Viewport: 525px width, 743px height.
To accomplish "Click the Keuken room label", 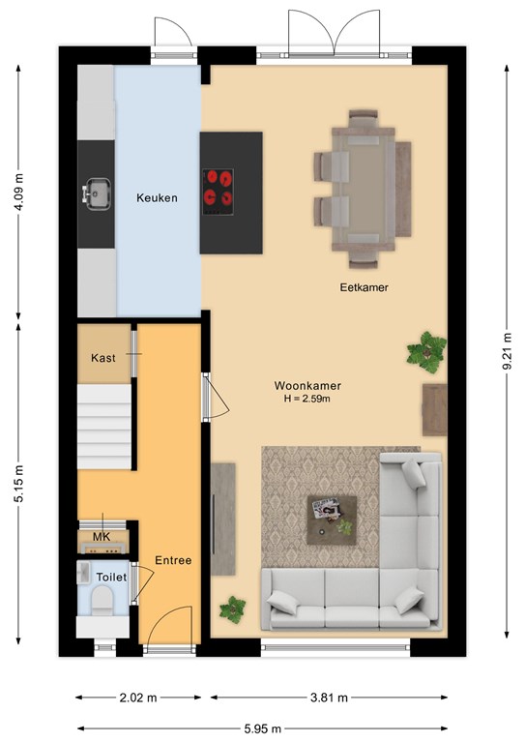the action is tap(157, 198).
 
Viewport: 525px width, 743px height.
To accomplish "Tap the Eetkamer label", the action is tap(365, 287).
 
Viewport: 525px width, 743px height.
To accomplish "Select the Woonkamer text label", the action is tap(307, 386).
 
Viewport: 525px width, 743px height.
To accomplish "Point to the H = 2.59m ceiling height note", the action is tap(307, 399).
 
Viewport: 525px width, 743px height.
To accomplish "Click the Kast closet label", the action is tap(103, 358).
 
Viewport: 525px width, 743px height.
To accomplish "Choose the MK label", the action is tap(102, 536).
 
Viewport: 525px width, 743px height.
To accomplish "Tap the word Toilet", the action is tap(111, 578).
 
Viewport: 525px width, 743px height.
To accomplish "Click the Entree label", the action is tap(173, 560).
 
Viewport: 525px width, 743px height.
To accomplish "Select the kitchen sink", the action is tap(97, 193).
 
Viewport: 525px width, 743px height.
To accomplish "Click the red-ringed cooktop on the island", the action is tap(218, 192).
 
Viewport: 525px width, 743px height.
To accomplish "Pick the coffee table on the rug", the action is tap(332, 520).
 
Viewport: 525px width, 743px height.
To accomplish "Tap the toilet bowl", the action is tap(102, 600).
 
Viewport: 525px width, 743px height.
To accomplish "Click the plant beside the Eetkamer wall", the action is tap(427, 352).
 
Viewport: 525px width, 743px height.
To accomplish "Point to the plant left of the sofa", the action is tap(232, 609).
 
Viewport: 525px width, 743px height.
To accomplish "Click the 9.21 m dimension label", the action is tap(507, 351).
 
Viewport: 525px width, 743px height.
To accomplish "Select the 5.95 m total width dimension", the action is tap(263, 728).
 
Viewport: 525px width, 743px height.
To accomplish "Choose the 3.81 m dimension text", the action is tap(329, 698).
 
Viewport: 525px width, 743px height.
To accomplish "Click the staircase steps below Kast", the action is tap(104, 427).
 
